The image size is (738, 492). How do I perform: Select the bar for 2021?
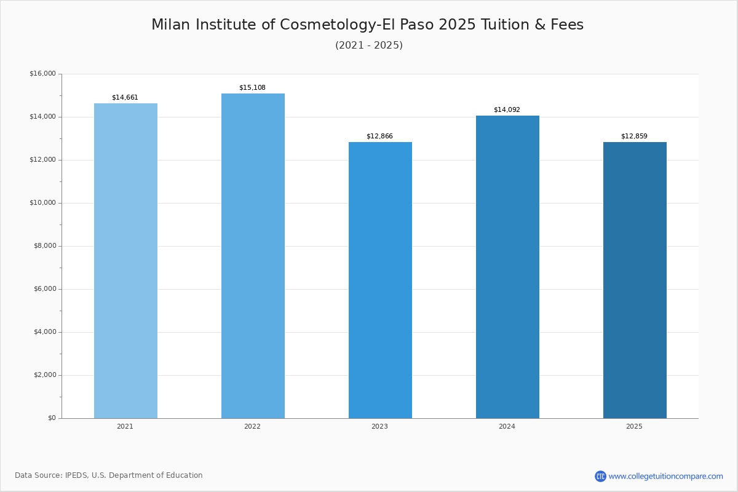pos(125,261)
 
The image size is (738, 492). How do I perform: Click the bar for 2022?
pos(253,256)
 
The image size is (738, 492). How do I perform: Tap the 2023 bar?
pos(380,280)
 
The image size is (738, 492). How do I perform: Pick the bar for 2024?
pos(507,267)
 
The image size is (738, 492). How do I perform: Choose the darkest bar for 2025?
pos(635,280)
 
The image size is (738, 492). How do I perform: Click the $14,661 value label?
pos(125,98)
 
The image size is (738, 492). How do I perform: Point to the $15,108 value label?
pos(252,88)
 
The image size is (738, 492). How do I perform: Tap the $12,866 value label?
pos(379,137)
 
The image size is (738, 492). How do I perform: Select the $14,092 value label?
pos(507,110)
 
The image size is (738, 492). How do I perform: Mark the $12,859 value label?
pos(634,137)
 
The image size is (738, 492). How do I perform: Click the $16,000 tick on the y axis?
pos(42,74)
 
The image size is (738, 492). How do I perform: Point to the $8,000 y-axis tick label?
pos(44,246)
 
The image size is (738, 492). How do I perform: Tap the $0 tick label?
pos(52,418)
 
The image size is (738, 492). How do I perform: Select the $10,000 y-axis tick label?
pos(42,203)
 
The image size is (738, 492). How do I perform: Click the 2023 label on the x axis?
pos(379,427)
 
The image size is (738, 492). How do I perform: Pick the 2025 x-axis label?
pos(634,427)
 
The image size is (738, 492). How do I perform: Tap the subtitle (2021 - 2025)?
pos(369,46)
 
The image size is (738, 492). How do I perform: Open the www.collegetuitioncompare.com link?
pos(665,476)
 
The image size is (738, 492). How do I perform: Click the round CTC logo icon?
pos(600,476)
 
